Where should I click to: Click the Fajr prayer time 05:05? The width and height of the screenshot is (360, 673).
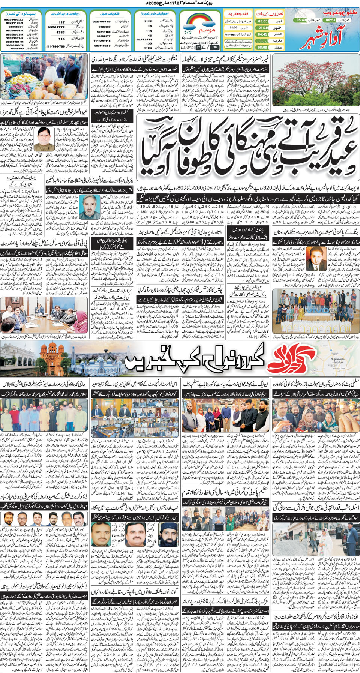click(x=262, y=22)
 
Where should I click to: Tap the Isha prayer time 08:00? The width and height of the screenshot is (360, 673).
click(x=262, y=48)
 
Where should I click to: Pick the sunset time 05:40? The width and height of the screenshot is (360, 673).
click(x=301, y=20)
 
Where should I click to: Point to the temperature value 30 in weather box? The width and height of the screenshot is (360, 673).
click(x=214, y=48)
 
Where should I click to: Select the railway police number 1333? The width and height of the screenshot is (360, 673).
click(x=61, y=33)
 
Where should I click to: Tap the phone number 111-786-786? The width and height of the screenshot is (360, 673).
click(x=55, y=46)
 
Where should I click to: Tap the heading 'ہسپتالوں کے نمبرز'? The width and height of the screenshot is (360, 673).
click(x=17, y=13)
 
